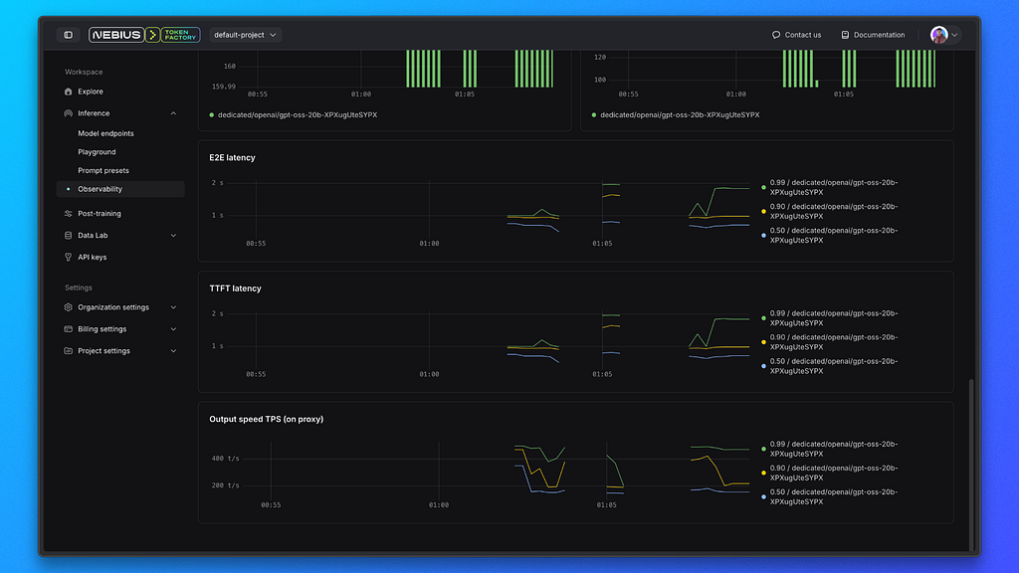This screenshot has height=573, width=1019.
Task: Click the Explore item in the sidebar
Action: [x=91, y=92]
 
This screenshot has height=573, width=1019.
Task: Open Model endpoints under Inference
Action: [x=105, y=133]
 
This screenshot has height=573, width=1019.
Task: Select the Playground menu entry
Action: [x=97, y=152]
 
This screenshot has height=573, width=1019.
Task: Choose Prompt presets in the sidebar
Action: [x=103, y=170]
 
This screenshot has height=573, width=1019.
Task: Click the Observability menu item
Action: [x=101, y=189]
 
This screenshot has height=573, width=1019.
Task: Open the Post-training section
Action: [x=100, y=213]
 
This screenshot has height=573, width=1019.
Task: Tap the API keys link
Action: [x=93, y=258]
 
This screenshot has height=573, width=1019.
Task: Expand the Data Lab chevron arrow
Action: [x=173, y=235]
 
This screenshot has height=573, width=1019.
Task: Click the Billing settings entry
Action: [x=102, y=329]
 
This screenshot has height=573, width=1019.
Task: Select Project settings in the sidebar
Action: [x=103, y=351]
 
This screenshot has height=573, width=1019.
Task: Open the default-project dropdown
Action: [x=245, y=35]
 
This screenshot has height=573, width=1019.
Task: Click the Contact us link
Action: [x=796, y=35]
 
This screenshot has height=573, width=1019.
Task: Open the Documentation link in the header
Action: [x=873, y=35]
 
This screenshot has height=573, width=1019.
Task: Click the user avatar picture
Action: [x=938, y=35]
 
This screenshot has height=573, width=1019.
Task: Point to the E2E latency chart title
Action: [x=232, y=158]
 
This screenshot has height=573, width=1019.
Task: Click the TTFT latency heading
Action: [x=235, y=288]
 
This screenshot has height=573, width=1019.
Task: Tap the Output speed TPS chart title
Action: [x=267, y=419]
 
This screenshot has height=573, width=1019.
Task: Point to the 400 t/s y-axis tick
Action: [x=226, y=459]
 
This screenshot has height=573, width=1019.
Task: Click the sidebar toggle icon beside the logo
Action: [x=69, y=35]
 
